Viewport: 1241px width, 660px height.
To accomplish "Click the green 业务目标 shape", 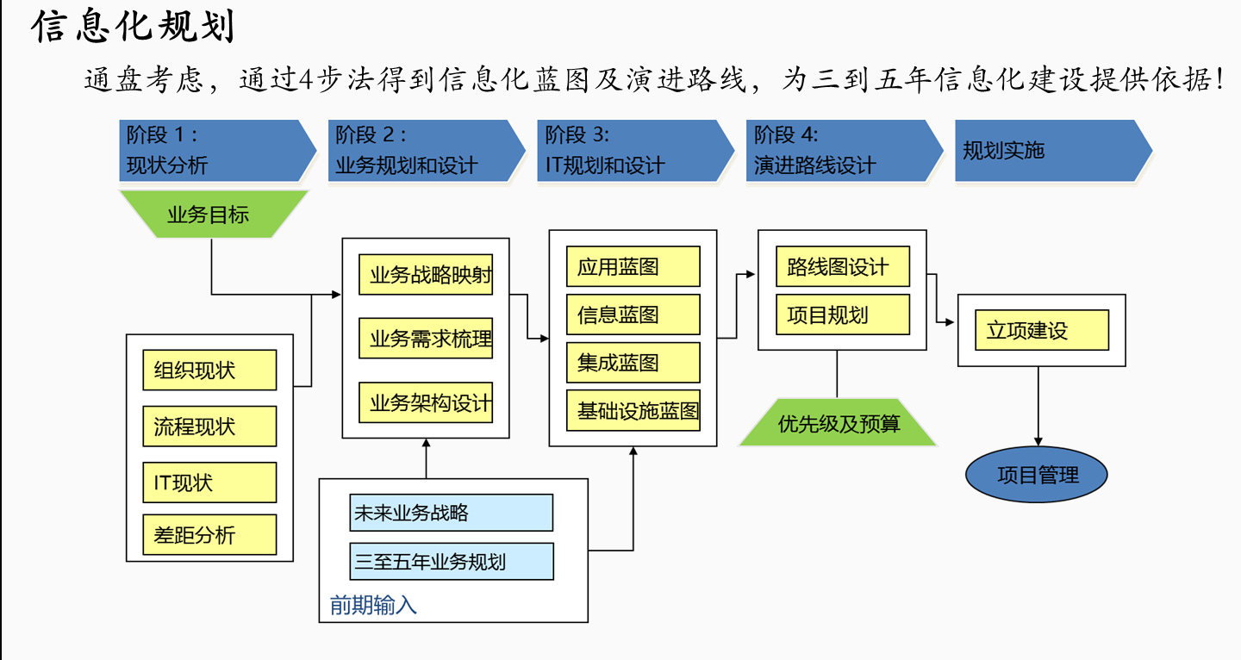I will [209, 215].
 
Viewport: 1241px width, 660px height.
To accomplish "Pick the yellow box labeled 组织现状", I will [209, 370].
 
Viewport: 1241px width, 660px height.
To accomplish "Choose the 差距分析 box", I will [209, 534].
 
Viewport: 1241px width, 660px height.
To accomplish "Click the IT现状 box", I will [209, 483].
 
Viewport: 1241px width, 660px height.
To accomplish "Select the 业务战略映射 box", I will [426, 276].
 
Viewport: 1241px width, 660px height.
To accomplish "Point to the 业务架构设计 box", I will [426, 402].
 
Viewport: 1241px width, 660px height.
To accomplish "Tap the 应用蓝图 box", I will [633, 266].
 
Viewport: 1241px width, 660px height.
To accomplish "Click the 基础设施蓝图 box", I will [633, 411].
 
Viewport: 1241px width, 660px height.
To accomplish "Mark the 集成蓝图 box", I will [633, 363].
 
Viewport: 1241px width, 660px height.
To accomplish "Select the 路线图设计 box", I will [842, 267].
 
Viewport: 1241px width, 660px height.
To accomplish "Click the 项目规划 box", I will [842, 314].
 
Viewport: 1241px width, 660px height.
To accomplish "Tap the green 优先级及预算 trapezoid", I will [838, 423].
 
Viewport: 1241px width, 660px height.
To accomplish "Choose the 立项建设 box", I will [1041, 331].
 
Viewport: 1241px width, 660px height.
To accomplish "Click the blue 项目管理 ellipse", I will [1037, 474].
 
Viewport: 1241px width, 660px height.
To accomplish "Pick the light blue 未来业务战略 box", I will [451, 513].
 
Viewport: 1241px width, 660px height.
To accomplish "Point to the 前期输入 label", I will [373, 605].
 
